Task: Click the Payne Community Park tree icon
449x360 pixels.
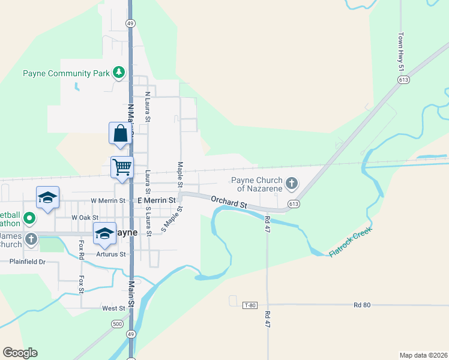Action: [119, 73]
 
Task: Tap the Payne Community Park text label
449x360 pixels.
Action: [66, 74]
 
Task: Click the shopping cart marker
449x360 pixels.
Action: [122, 166]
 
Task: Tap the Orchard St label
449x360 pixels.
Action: [229, 201]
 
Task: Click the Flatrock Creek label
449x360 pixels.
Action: [351, 242]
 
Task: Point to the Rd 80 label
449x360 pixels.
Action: [362, 305]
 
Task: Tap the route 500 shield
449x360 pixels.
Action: [118, 324]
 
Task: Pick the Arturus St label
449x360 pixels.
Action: [113, 254]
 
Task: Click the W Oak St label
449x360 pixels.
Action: [85, 217]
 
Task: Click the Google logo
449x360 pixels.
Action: [20, 353]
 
